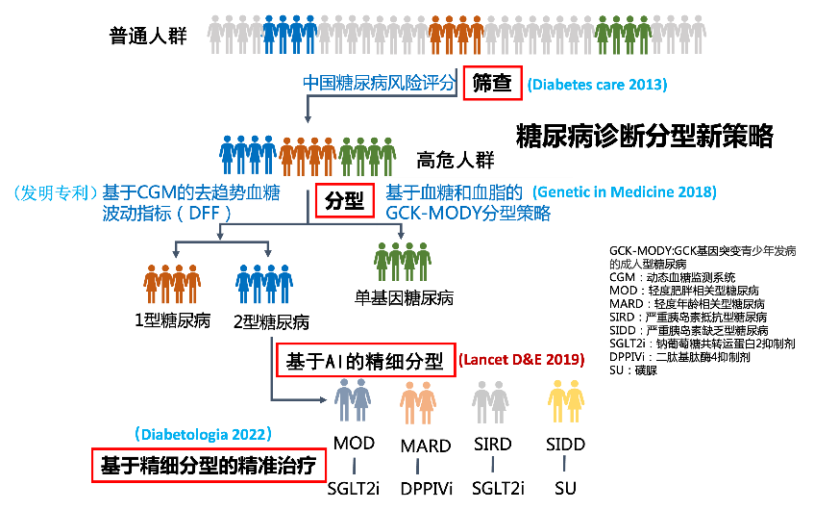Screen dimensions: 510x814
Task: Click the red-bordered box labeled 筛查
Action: point(492,84)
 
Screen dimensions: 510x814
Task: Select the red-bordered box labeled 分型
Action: point(344,200)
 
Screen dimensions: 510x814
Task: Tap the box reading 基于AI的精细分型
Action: point(364,362)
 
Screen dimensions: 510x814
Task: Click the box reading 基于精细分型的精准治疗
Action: point(210,465)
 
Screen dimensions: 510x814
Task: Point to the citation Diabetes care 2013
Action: point(597,85)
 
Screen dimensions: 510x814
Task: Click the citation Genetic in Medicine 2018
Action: point(625,191)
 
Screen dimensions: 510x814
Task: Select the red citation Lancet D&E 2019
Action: point(521,360)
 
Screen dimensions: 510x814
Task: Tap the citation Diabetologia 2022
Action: point(209,434)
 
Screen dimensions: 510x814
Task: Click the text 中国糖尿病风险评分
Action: point(379,83)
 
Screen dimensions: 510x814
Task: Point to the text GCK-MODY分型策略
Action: point(468,214)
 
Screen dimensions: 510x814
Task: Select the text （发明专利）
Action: point(54,192)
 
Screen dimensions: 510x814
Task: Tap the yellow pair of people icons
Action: point(566,400)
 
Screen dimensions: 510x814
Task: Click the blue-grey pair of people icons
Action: point(353,400)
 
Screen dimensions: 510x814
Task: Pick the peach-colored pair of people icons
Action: point(419,401)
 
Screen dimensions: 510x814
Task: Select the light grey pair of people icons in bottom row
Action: point(490,401)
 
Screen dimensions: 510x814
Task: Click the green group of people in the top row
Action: point(622,35)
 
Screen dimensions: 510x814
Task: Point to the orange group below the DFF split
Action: point(172,283)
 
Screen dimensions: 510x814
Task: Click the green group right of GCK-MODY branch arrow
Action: point(403,260)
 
